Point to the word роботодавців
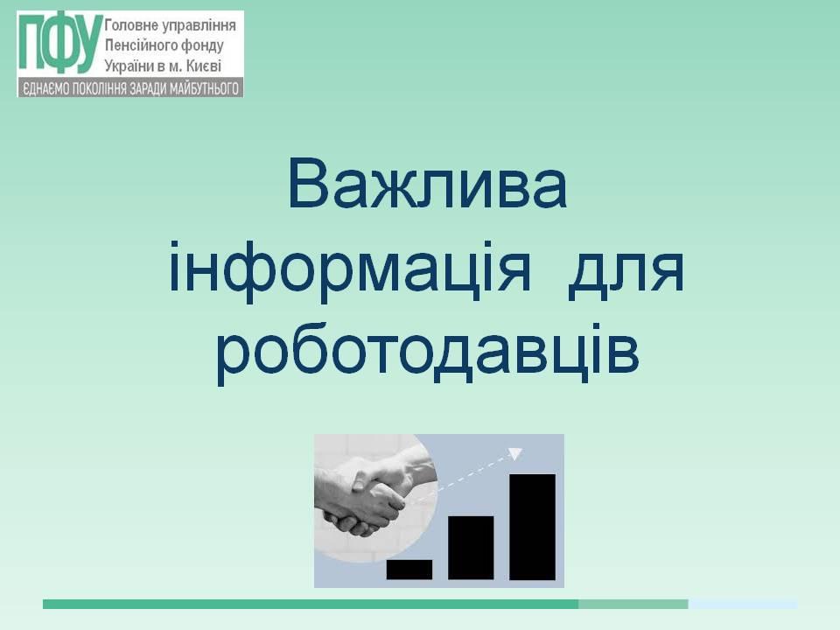pyautogui.click(x=428, y=353)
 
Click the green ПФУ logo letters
pyautogui.click(x=59, y=44)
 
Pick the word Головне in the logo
pyautogui.click(x=130, y=25)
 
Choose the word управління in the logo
pyautogui.click(x=198, y=26)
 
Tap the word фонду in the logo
pyautogui.click(x=202, y=46)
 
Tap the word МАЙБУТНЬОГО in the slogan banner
pyautogui.click(x=204, y=88)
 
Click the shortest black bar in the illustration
pyautogui.click(x=409, y=570)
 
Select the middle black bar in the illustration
pyautogui.click(x=471, y=548)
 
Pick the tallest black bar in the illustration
pyautogui.click(x=533, y=527)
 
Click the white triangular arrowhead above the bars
pyautogui.click(x=514, y=454)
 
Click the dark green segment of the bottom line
pyautogui.click(x=311, y=605)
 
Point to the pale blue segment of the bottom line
pyautogui.click(x=743, y=605)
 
